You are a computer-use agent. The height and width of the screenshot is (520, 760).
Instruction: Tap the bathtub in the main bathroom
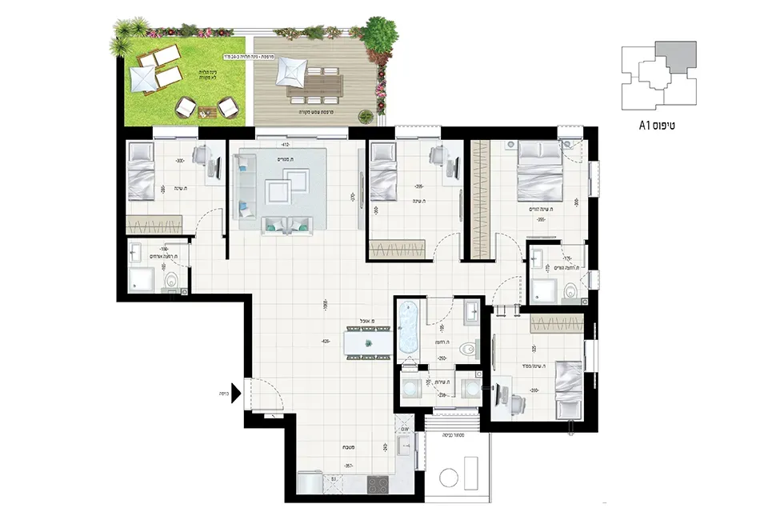point(408,330)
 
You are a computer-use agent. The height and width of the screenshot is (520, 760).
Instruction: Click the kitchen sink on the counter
point(404,449)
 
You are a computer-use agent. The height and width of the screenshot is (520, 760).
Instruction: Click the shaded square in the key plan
point(675,60)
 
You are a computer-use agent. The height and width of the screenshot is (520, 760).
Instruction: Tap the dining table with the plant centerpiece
point(369,343)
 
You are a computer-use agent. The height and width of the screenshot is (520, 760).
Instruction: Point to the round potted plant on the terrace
point(364,116)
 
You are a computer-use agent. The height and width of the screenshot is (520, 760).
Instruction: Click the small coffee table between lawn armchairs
point(208,111)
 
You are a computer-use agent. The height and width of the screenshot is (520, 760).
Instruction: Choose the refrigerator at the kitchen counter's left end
point(309,484)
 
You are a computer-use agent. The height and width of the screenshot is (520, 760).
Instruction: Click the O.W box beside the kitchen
point(406,430)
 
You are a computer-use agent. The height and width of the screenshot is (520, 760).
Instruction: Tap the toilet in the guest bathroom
point(171,282)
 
